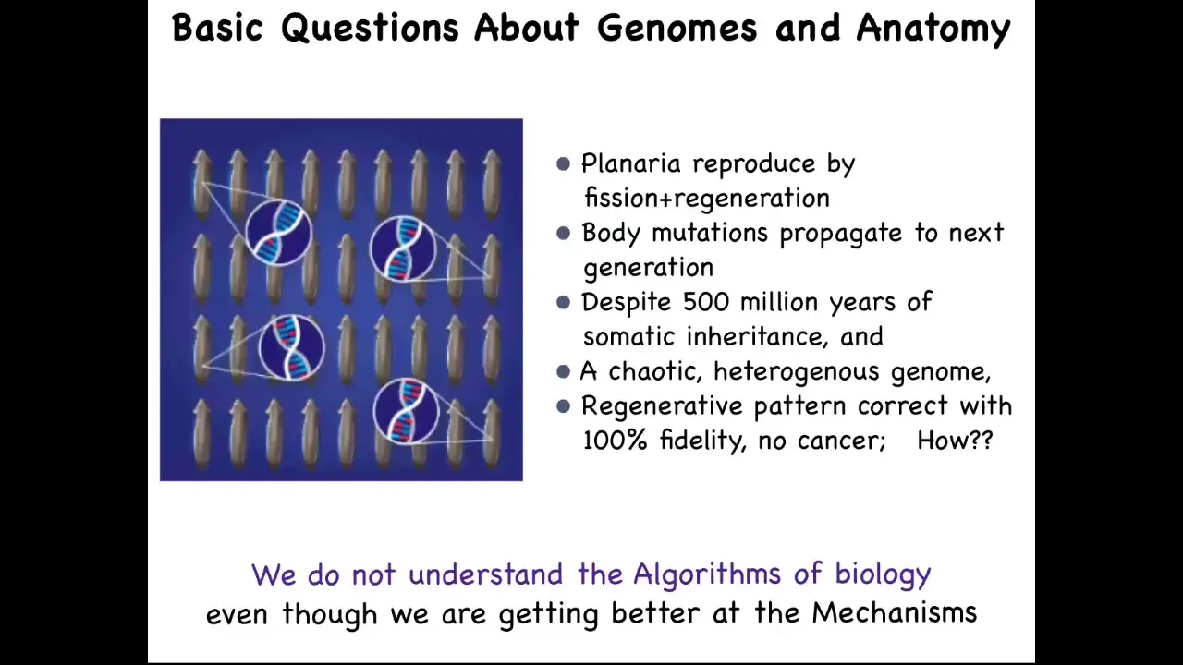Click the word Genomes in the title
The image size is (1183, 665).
(677, 29)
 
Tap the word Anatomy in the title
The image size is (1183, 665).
(933, 30)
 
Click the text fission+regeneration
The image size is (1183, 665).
(707, 198)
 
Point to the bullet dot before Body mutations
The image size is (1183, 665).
(564, 233)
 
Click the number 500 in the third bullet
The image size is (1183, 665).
(706, 302)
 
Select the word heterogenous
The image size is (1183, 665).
(797, 371)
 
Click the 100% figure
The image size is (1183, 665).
(615, 441)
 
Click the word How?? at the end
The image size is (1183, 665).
(956, 441)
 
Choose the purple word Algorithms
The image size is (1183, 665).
(708, 574)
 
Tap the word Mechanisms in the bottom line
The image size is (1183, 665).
(895, 612)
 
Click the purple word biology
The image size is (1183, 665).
(883, 574)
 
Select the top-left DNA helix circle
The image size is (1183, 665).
(279, 233)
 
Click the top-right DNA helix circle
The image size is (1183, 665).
(403, 248)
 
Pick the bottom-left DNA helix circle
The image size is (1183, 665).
(291, 347)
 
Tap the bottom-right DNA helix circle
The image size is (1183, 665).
(406, 411)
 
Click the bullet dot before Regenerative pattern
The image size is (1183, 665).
(564, 405)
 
